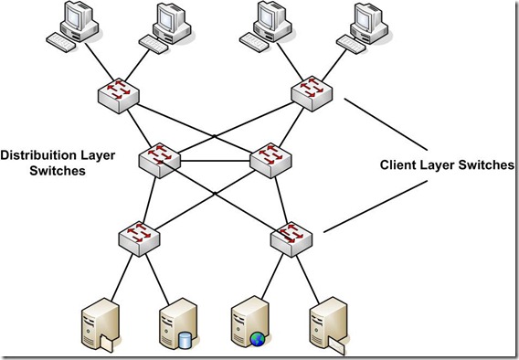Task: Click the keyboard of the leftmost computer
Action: (64, 43)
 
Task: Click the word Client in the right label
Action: (399, 165)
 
